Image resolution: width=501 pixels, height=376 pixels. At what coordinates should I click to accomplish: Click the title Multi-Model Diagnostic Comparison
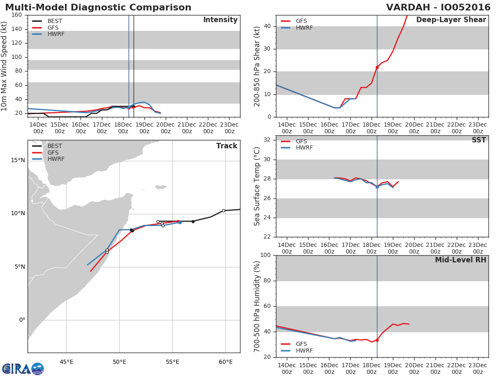coord(98,8)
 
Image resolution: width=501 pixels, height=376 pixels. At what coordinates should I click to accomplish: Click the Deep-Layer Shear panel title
coord(451,20)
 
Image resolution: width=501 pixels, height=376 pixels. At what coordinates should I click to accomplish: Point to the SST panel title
coord(478,140)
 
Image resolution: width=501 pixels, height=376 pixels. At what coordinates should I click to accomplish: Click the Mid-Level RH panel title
coord(460,260)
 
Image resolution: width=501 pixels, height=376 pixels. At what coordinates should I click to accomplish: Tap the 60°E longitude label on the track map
coord(225,362)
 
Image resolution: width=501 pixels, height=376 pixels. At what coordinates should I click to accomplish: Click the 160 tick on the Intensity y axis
coord(17,15)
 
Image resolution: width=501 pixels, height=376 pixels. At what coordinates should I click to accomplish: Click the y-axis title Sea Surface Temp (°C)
coord(258,186)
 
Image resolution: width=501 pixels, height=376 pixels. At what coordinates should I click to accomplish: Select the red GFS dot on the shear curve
coord(377,67)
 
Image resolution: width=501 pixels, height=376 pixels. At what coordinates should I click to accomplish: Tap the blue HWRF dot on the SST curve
coord(377,187)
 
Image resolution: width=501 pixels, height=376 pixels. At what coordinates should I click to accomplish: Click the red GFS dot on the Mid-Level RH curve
coord(377,340)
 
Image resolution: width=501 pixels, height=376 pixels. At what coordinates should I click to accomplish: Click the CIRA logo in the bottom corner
coord(23,368)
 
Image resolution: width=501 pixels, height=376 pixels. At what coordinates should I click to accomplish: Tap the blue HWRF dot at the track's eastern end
coord(180,222)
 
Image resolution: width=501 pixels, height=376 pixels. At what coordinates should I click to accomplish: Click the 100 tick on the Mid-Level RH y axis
coord(266,255)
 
